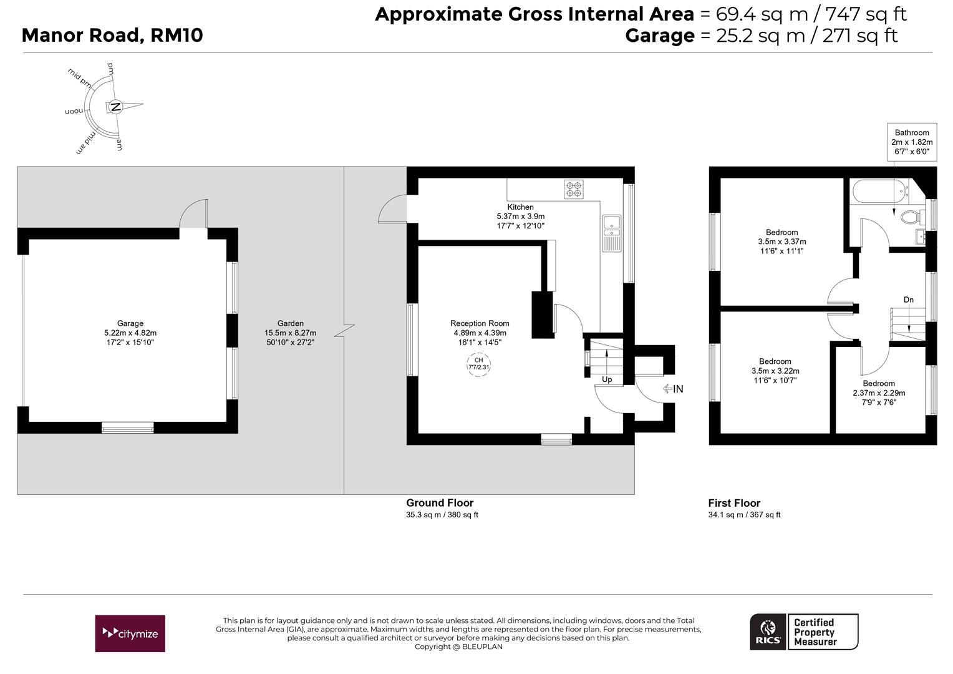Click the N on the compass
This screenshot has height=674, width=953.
click(x=115, y=107)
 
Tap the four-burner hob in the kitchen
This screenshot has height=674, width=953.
click(x=574, y=190)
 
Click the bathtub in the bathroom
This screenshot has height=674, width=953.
click(x=879, y=191)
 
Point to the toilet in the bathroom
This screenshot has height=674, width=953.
click(x=912, y=217)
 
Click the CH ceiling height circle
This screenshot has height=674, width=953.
click(x=478, y=364)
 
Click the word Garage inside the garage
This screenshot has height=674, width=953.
click(x=130, y=324)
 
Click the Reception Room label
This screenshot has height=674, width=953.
click(x=480, y=324)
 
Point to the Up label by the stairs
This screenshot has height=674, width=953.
click(x=607, y=379)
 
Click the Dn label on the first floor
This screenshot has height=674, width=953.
click(x=908, y=300)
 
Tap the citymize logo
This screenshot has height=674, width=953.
click(x=130, y=633)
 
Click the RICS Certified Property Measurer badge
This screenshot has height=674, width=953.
click(x=804, y=632)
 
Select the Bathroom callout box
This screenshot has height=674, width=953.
click(x=912, y=142)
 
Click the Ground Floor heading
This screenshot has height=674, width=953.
click(x=440, y=503)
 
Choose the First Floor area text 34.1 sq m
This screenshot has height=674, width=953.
click(x=722, y=515)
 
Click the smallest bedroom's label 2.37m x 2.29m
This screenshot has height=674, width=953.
click(x=879, y=393)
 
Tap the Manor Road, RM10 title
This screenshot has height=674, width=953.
click(x=112, y=36)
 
